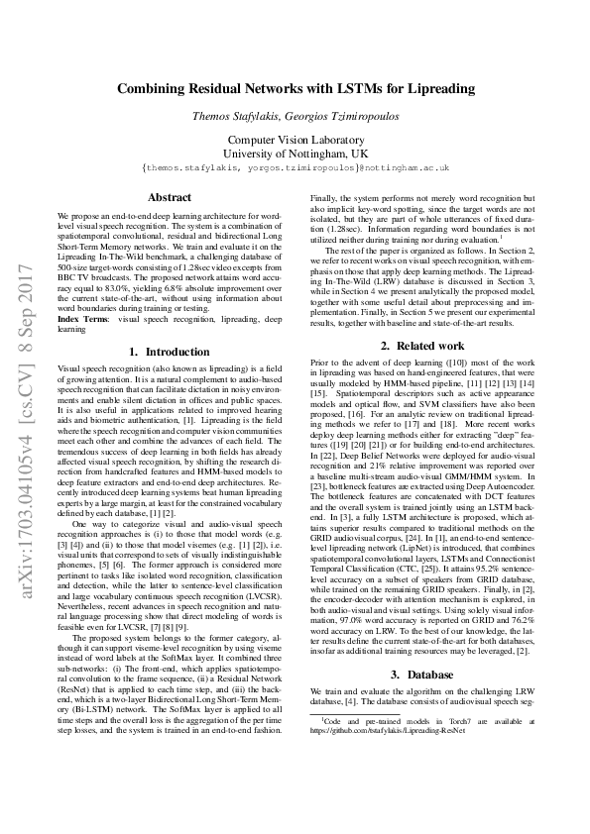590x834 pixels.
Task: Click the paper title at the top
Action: (x=295, y=89)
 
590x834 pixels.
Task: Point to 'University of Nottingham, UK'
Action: (x=295, y=155)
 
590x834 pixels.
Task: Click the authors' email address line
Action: (x=295, y=169)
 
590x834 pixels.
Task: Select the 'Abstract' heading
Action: (x=169, y=197)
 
